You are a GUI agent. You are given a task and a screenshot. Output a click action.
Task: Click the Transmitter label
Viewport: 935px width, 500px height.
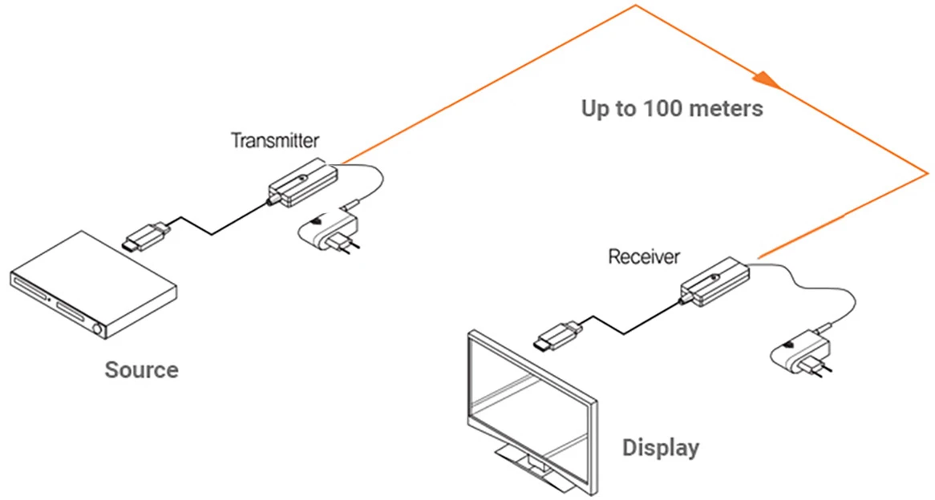click(275, 141)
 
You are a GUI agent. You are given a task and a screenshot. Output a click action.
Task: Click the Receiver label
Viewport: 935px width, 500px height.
click(644, 257)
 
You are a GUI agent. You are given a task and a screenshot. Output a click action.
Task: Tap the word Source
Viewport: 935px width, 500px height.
click(141, 370)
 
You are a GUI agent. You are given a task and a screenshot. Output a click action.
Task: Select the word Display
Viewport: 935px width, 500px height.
click(661, 447)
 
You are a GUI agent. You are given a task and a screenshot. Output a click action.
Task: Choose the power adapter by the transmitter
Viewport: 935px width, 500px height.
click(329, 232)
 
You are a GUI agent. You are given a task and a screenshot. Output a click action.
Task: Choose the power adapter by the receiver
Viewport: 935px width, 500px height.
click(799, 350)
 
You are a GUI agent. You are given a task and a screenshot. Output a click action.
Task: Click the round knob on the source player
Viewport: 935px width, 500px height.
click(99, 329)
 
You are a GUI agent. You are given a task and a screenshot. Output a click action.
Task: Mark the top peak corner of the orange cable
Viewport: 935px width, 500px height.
click(636, 6)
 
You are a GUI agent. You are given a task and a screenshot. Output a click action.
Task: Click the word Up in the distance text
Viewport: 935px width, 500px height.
click(596, 109)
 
